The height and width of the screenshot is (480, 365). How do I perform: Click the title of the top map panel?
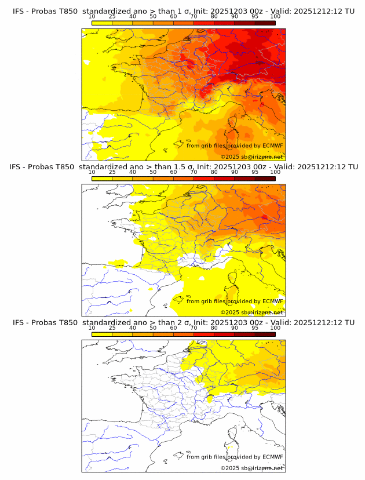(x=184, y=12)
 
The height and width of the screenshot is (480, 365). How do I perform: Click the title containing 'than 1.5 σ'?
(x=184, y=167)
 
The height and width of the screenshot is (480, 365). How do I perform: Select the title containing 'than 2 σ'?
(x=184, y=322)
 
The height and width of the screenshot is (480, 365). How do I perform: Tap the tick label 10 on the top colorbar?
(x=92, y=16)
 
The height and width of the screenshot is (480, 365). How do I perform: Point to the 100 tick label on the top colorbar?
(x=275, y=16)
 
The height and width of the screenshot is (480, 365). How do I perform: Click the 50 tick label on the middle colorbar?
(x=153, y=172)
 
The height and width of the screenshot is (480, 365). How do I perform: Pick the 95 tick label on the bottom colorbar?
(x=255, y=328)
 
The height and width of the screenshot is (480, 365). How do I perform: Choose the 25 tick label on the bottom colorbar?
(x=112, y=328)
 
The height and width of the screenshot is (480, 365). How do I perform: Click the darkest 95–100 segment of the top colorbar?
(x=265, y=23)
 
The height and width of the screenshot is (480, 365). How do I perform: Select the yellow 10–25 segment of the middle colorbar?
(x=101, y=178)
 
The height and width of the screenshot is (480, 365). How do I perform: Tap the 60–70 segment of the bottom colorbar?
(x=184, y=333)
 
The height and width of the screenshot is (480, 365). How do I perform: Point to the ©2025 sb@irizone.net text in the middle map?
(x=251, y=312)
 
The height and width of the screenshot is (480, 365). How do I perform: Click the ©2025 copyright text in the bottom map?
(x=251, y=467)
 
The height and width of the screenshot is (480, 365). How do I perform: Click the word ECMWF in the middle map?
(x=272, y=301)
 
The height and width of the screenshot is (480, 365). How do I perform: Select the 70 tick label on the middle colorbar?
(x=194, y=172)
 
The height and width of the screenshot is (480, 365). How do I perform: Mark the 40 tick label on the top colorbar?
(x=133, y=16)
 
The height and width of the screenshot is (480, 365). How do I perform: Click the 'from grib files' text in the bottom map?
(x=205, y=457)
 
